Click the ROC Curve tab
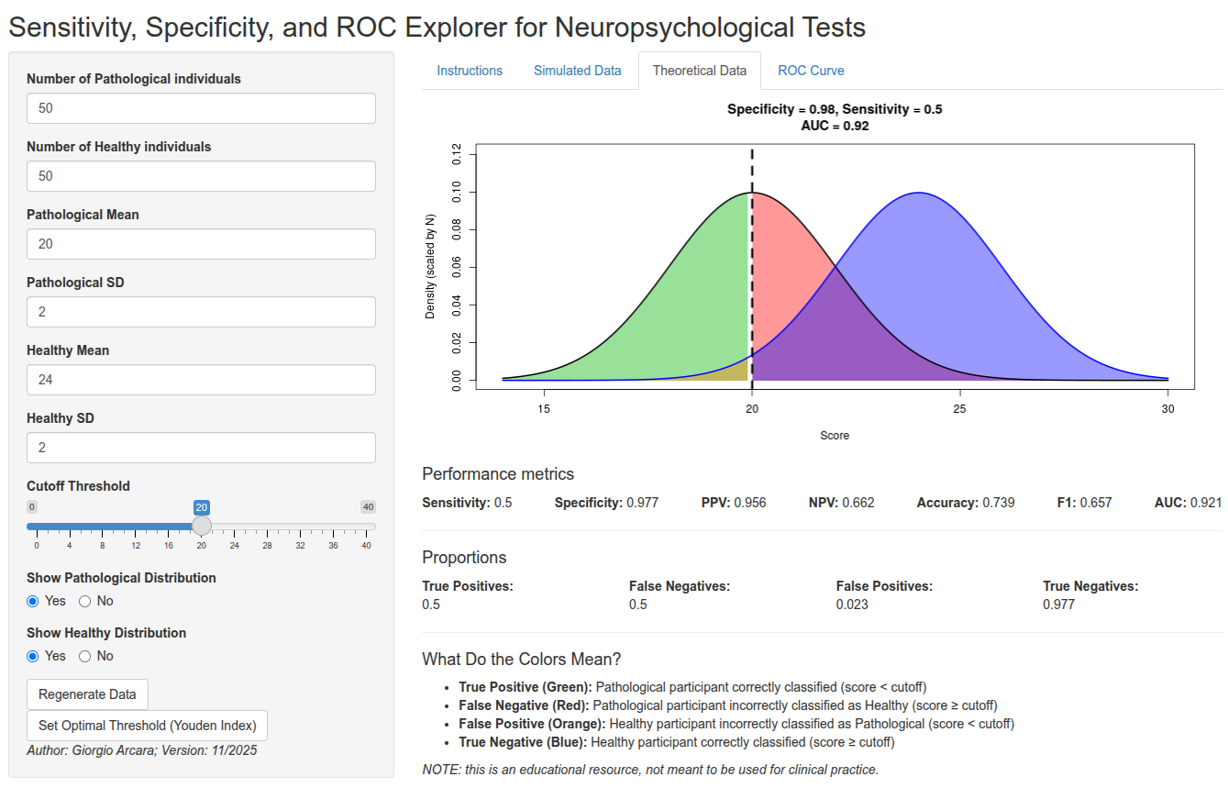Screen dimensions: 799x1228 click(x=811, y=71)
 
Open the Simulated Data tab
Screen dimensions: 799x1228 click(x=577, y=71)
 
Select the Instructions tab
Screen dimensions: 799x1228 click(x=470, y=71)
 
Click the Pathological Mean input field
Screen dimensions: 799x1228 click(x=201, y=244)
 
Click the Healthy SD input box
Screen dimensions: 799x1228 click(x=201, y=448)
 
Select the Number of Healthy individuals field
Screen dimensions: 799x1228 click(x=201, y=176)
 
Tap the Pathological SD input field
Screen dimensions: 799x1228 click(x=201, y=312)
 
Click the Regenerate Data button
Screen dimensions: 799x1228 click(x=87, y=694)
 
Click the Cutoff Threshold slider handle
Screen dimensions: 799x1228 click(x=202, y=526)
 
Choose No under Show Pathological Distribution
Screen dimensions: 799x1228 click(x=85, y=602)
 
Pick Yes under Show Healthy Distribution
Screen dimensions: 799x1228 click(x=33, y=657)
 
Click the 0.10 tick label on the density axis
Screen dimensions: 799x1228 click(x=456, y=193)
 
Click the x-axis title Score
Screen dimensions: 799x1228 click(x=835, y=436)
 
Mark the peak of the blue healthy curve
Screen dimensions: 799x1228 click(x=917, y=193)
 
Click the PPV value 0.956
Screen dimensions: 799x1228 click(x=749, y=503)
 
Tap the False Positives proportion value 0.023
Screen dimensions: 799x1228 click(x=852, y=605)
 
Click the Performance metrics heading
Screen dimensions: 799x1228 click(x=498, y=474)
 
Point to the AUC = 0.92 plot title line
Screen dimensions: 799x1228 click(x=835, y=127)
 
